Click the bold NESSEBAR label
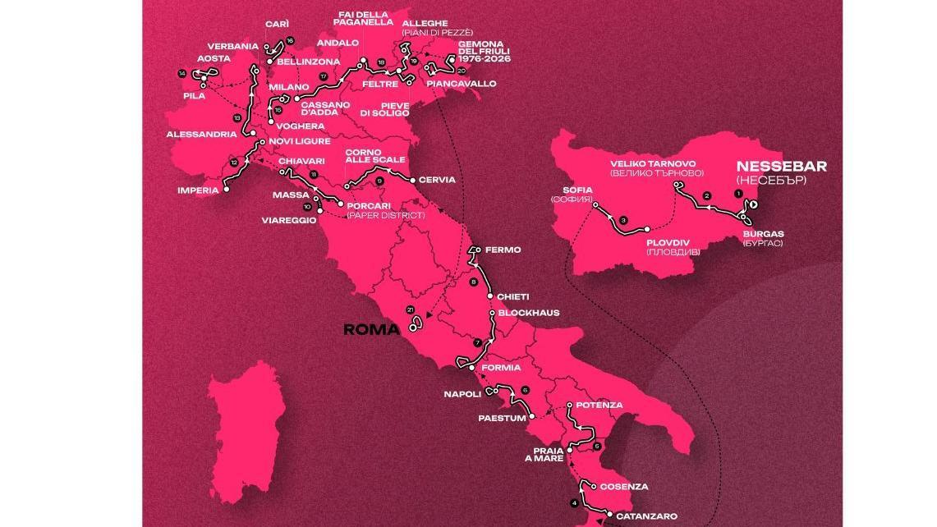(781, 167)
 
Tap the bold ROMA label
(370, 330)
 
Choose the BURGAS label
(763, 233)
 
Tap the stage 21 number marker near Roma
(409, 309)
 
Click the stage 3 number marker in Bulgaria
(623, 220)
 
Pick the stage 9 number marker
(379, 181)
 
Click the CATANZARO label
(646, 516)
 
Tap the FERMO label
(503, 250)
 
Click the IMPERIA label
(198, 190)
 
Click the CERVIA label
(436, 180)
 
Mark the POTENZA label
(599, 406)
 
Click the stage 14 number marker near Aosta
(181, 74)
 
